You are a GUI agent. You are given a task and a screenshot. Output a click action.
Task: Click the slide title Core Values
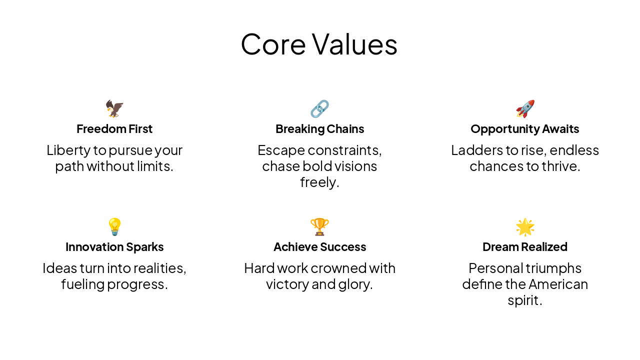[319, 44]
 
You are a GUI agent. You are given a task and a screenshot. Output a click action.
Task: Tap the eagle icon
[114, 108]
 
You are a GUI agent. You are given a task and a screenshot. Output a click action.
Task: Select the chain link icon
[319, 108]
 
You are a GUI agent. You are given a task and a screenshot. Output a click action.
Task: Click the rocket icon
[525, 108]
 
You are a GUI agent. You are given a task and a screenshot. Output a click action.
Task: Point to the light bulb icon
[114, 227]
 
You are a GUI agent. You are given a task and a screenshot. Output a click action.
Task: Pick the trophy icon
[319, 227]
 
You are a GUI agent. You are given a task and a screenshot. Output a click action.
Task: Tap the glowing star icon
[525, 227]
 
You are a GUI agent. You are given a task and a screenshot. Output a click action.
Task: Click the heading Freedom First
[114, 129]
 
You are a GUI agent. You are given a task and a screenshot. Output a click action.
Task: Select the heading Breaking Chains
[319, 129]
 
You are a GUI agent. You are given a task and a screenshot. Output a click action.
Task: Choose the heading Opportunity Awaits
[525, 129]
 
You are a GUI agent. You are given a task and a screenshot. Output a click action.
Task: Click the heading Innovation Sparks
[114, 247]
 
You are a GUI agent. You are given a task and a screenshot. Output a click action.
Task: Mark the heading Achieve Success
[319, 247]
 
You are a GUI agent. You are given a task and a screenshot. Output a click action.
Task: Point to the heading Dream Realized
[525, 247]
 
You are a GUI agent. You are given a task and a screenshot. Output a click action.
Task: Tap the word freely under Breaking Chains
[319, 182]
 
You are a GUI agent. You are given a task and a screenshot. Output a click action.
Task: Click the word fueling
[82, 284]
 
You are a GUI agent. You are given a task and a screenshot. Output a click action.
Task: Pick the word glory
[356, 284]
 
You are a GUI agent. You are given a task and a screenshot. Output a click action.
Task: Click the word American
[558, 284]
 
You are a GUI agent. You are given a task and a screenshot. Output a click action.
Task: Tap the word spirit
[524, 301]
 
